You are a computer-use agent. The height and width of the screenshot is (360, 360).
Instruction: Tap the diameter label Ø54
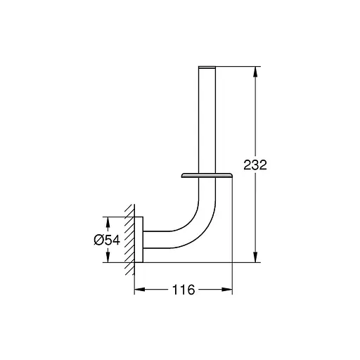pos(107,240)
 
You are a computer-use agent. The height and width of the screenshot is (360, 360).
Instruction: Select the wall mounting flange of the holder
pos(139,239)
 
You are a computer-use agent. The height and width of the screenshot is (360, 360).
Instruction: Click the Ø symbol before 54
pos(98,240)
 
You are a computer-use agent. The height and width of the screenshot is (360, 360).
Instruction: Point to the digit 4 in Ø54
pos(116,240)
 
